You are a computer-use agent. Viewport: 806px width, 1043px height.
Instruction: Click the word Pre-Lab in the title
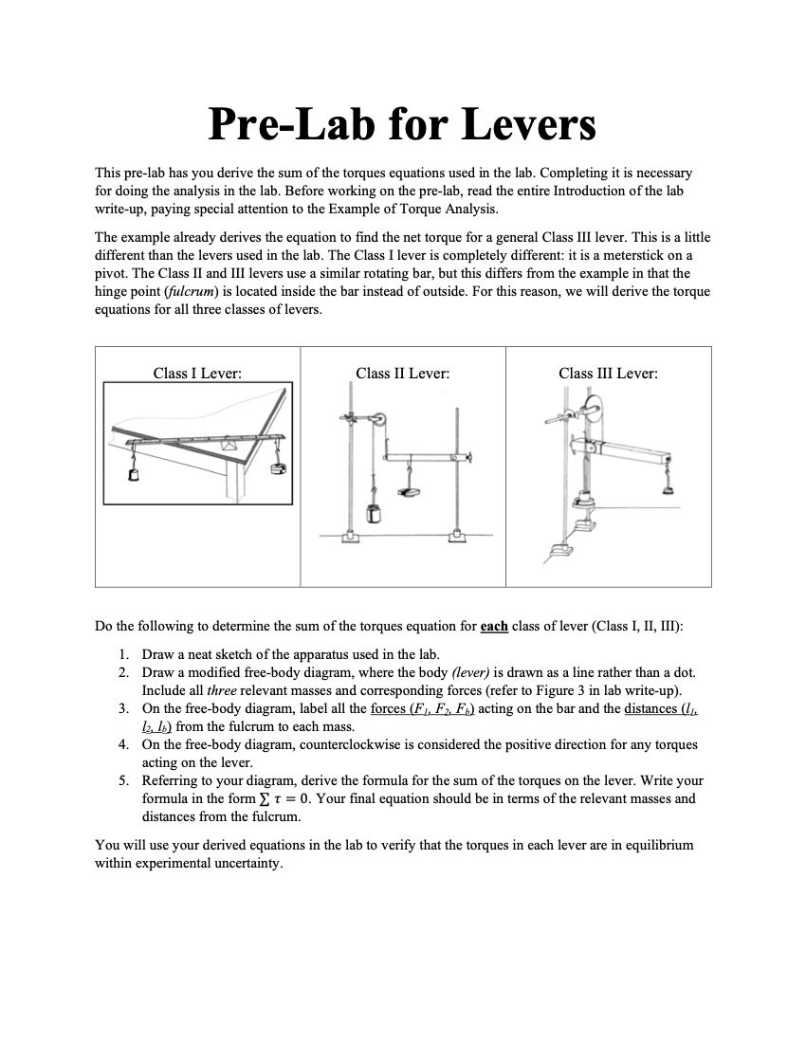click(289, 125)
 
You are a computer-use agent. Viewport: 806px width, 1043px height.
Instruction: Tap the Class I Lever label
click(197, 374)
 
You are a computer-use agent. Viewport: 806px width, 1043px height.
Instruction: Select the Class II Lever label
click(402, 374)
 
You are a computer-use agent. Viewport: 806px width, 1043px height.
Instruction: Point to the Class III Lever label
click(608, 374)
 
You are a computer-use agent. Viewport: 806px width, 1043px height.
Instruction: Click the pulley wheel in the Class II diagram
click(378, 419)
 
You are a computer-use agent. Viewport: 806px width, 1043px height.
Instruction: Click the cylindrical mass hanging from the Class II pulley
click(373, 517)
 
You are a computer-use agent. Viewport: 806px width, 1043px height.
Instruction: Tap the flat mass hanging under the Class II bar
click(411, 491)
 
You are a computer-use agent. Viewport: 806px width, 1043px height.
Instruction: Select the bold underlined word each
click(494, 627)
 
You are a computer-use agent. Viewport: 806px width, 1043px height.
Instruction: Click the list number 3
click(124, 708)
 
